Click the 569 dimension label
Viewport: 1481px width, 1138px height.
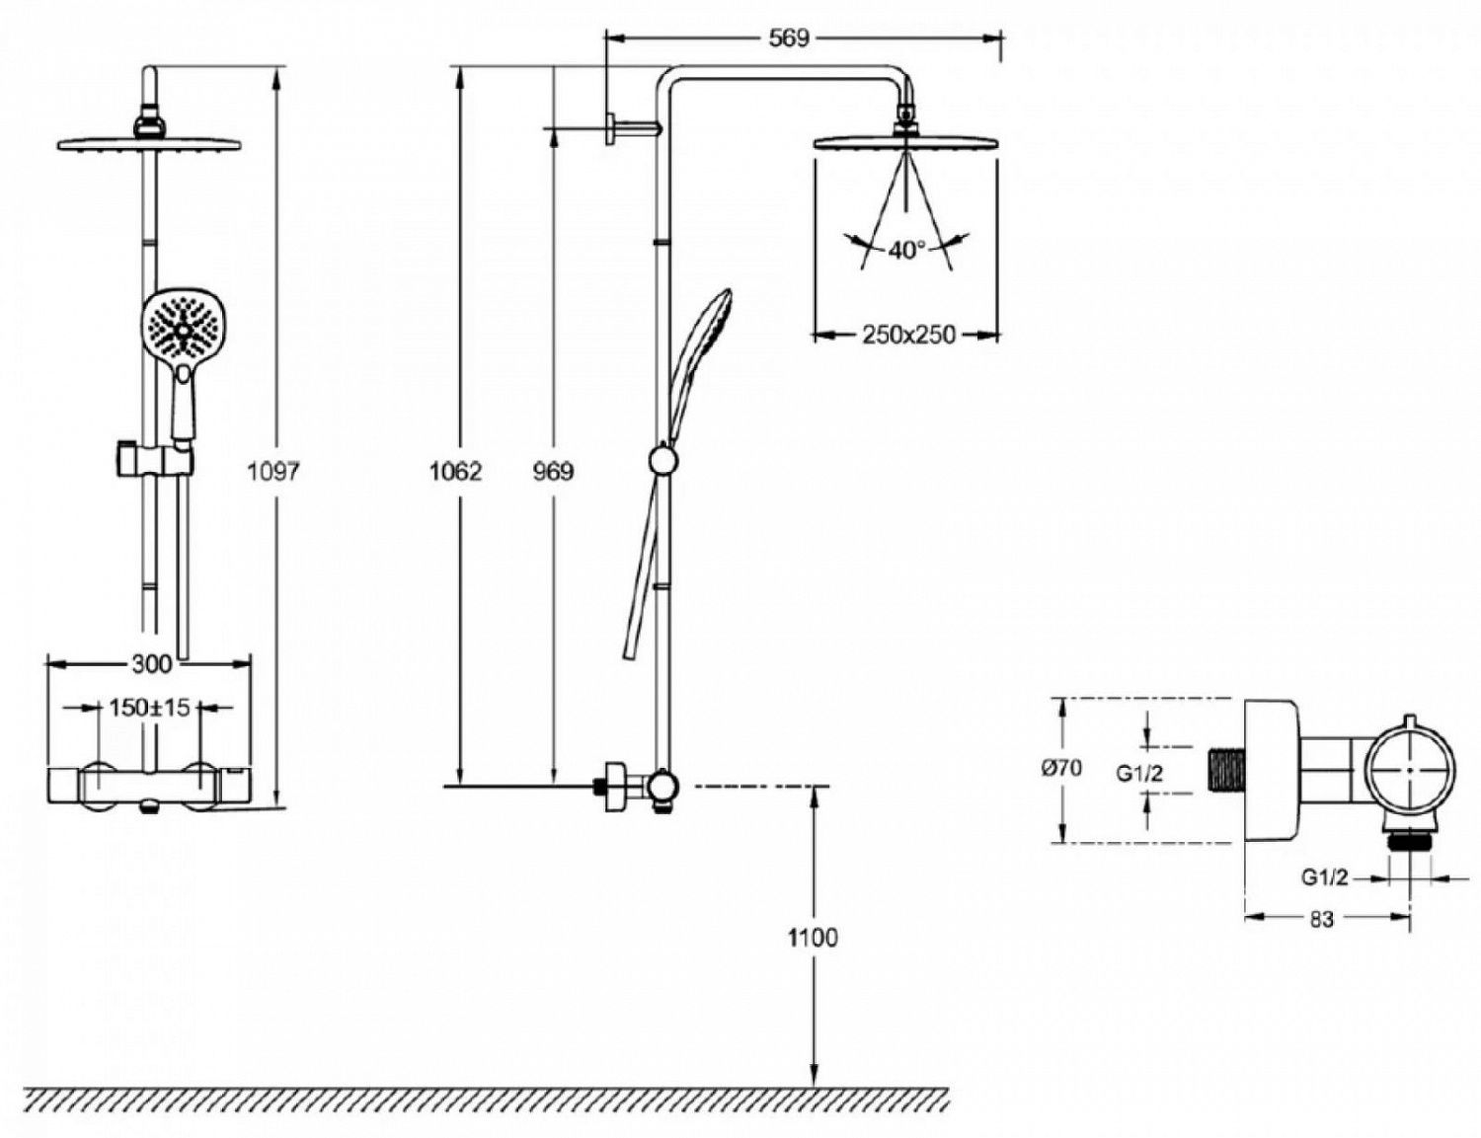click(789, 38)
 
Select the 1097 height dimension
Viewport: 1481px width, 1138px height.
click(273, 471)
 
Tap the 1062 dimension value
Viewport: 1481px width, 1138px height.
click(455, 471)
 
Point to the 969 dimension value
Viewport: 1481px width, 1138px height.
click(554, 471)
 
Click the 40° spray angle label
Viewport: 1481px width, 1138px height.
click(906, 251)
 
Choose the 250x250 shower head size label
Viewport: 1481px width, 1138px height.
click(908, 335)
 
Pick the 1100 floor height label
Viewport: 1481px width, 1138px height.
click(813, 938)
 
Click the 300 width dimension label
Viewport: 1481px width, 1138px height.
click(151, 663)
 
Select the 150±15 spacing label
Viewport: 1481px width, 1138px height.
click(149, 708)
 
